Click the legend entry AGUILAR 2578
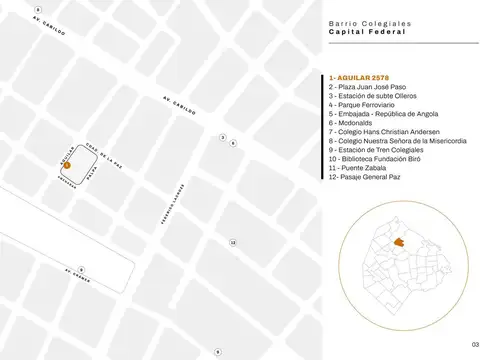pyautogui.click(x=360, y=78)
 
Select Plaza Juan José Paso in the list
pyautogui.click(x=368, y=87)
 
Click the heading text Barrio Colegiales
pyautogui.click(x=367, y=23)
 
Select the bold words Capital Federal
pyautogui.click(x=367, y=32)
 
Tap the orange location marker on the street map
pyautogui.click(x=67, y=163)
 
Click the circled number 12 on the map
pyautogui.click(x=233, y=242)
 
